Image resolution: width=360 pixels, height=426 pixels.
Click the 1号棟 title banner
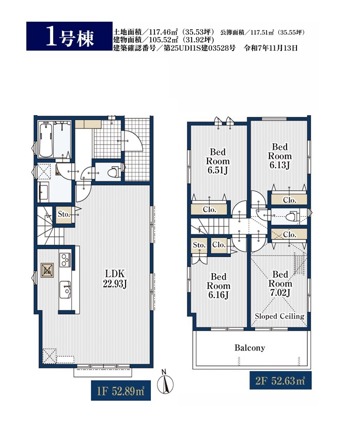coord(69,36)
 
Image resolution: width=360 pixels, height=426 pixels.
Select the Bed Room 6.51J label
coord(217,161)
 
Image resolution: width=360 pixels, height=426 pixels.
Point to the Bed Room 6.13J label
coord(279,156)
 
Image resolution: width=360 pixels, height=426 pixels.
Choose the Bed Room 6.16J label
coord(218,286)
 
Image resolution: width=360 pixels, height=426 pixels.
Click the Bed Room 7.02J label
coord(280,283)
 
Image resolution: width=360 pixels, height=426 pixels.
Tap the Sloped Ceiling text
coord(279,316)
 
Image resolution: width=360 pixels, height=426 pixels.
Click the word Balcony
coord(249,348)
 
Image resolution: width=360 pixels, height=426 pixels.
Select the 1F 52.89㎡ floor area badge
coord(121,390)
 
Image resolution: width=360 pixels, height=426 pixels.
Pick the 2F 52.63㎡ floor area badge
coord(280,381)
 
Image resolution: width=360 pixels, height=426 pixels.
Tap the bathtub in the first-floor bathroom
coord(45,139)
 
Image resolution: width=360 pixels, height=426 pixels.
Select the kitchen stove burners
coord(65,260)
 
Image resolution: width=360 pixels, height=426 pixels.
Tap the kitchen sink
coord(65,289)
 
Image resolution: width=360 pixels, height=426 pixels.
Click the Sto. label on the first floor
coord(64,214)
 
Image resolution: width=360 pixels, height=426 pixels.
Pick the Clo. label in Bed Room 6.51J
coord(210,210)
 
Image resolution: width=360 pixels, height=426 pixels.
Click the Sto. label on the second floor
coord(199,245)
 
